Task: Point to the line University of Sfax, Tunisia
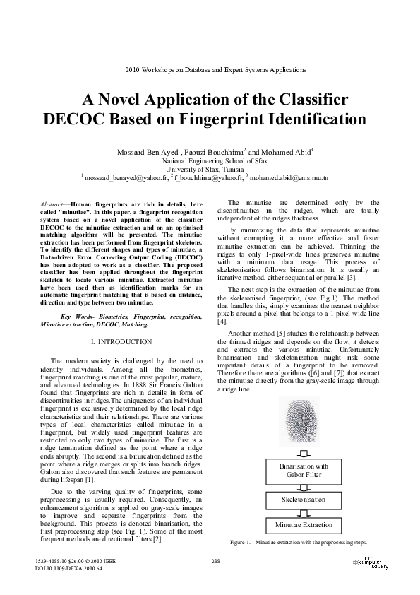coord(210,170)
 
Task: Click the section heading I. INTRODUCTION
coord(121,342)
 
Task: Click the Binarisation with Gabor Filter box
coord(304,471)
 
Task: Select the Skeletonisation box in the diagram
coord(304,499)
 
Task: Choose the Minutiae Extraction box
coord(304,525)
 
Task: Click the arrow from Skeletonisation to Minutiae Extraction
coord(304,512)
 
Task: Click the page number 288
coord(217,561)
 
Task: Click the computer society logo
coord(370,563)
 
